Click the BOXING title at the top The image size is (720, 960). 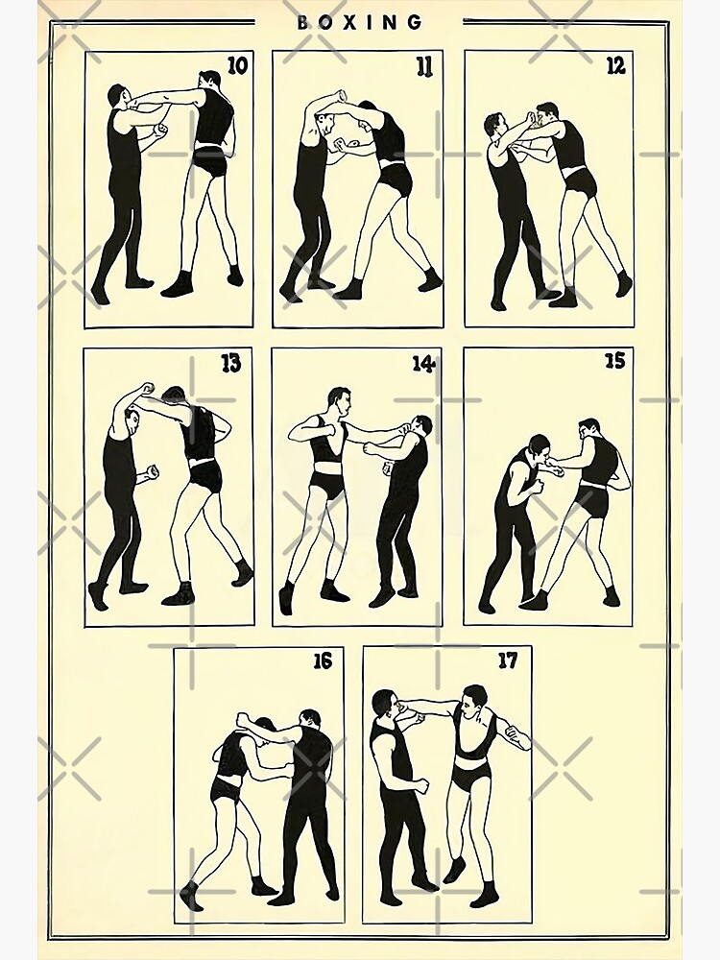[360, 23]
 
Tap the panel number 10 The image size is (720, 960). [238, 64]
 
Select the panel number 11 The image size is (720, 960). [424, 65]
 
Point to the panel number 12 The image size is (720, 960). [615, 65]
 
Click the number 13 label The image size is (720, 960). [230, 364]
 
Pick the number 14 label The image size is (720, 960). [423, 364]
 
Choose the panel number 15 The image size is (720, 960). [615, 361]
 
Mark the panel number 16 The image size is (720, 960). [323, 660]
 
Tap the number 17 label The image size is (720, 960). [508, 660]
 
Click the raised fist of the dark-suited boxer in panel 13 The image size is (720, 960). [146, 388]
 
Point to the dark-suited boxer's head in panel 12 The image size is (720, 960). [495, 126]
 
